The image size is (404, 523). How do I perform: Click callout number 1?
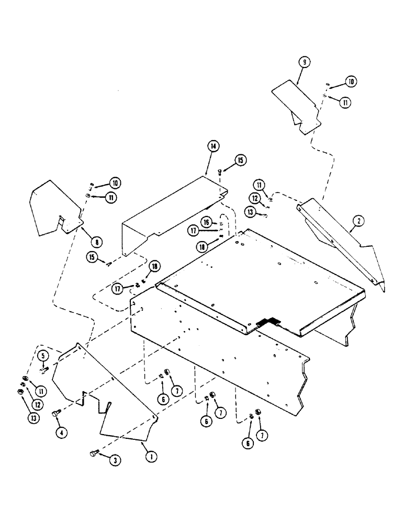151,457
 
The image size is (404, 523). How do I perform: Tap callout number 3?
114,460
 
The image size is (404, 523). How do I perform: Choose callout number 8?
96,242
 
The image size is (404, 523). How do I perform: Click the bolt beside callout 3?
94,453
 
